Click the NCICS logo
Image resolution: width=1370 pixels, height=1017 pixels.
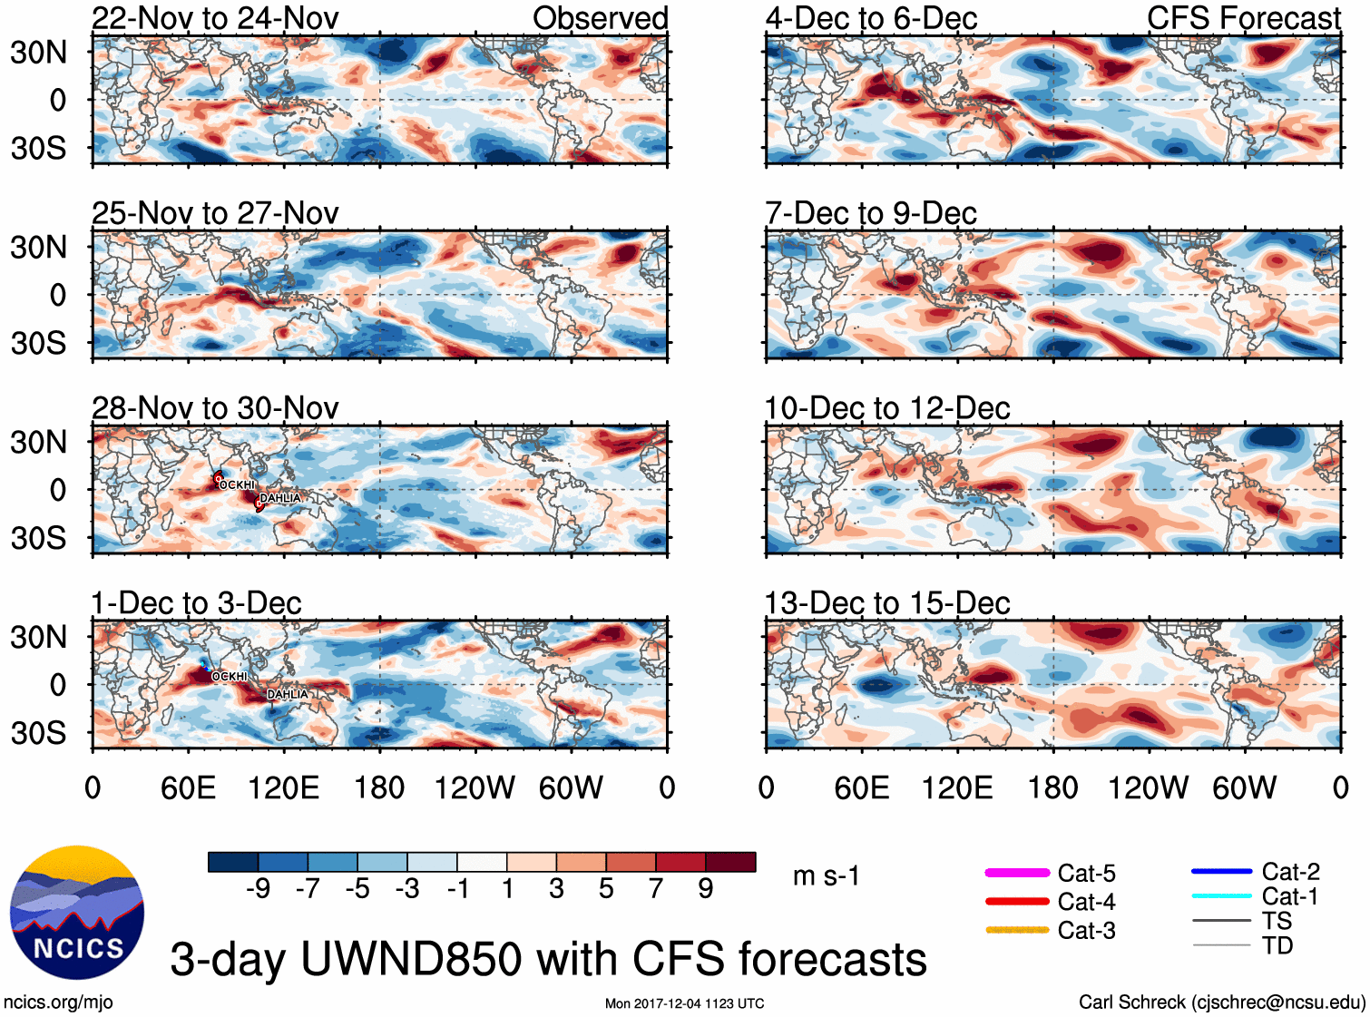click(x=77, y=912)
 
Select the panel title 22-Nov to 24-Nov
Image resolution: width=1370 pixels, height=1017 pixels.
click(x=215, y=18)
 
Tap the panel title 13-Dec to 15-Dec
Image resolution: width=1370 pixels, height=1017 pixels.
click(x=887, y=603)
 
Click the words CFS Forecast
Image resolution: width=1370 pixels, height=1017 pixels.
click(x=1243, y=18)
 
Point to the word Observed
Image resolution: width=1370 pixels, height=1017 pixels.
click(x=600, y=18)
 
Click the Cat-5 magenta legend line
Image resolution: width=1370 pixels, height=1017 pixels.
click(x=1017, y=873)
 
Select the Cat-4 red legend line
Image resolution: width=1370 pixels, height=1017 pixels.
click(x=1017, y=902)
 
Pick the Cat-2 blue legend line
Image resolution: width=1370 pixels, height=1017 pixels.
click(x=1221, y=872)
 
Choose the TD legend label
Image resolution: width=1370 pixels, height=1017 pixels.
click(x=1277, y=945)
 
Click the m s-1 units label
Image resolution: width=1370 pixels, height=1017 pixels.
click(x=826, y=875)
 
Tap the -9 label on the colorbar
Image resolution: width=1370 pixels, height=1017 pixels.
click(x=258, y=889)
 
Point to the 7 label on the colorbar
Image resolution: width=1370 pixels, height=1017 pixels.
click(x=656, y=889)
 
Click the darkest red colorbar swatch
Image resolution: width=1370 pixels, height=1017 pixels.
click(x=730, y=862)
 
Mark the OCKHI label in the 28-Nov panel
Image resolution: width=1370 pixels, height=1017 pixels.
click(x=237, y=485)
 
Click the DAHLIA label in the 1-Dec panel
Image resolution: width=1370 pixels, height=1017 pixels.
click(x=288, y=694)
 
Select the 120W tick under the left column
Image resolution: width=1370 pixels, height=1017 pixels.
click(x=475, y=787)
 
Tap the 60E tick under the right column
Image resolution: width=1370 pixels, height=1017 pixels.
click(x=861, y=787)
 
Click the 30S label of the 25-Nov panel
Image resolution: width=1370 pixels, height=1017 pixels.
click(x=38, y=343)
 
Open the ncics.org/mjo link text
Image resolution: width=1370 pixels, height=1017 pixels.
click(x=58, y=1002)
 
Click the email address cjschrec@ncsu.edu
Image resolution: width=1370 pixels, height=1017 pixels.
click(x=1277, y=1002)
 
